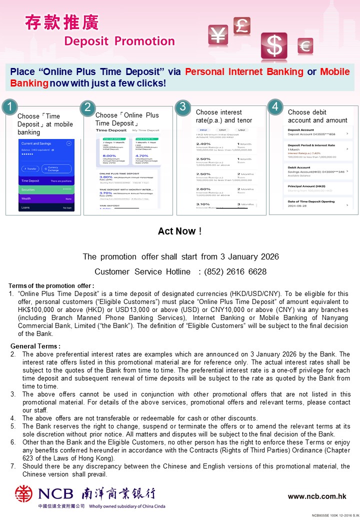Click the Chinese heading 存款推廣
(x=62, y=22)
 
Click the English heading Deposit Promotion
(x=119, y=41)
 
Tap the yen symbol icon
(x=218, y=34)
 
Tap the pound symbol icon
(x=241, y=25)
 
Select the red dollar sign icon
(x=274, y=46)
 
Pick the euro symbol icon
(x=305, y=46)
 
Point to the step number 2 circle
(x=87, y=107)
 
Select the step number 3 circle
(x=183, y=106)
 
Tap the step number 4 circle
(x=275, y=106)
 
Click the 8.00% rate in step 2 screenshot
(x=109, y=155)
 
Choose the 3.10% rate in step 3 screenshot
(x=203, y=204)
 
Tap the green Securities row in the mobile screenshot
(x=46, y=190)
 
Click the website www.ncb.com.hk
(x=317, y=496)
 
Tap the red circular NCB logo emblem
(x=23, y=493)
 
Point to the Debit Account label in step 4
(x=299, y=167)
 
